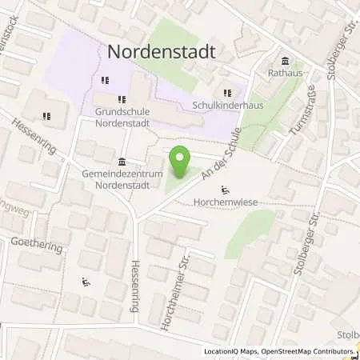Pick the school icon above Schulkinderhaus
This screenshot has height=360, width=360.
click(x=230, y=93)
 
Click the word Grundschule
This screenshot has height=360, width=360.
click(x=122, y=112)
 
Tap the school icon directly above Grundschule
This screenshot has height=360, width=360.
click(x=122, y=99)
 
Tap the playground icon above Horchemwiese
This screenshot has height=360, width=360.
click(x=226, y=190)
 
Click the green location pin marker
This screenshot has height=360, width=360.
click(x=182, y=164)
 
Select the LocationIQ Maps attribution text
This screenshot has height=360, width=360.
click(x=236, y=351)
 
